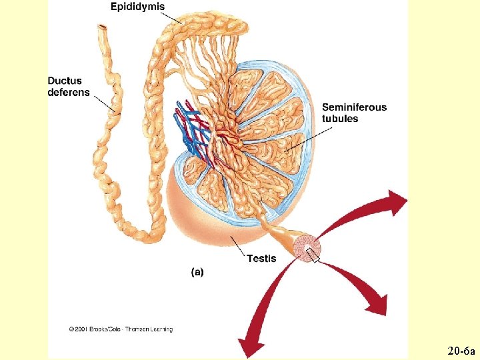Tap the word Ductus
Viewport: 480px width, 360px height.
(x=65, y=81)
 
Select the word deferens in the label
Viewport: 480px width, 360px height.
(x=69, y=93)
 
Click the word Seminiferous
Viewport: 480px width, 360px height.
(x=354, y=107)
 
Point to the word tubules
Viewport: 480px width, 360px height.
(x=340, y=119)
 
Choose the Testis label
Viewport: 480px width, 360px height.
(x=261, y=259)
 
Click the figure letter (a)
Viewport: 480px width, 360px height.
(x=197, y=272)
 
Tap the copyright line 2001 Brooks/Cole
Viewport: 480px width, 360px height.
(x=120, y=329)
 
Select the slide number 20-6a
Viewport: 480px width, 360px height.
(x=460, y=350)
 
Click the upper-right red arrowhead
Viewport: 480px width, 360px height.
(x=397, y=201)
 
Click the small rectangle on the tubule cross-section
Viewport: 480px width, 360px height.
(x=313, y=254)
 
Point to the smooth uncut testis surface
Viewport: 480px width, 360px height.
(x=200, y=213)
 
